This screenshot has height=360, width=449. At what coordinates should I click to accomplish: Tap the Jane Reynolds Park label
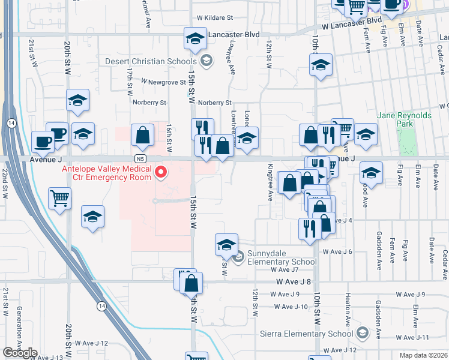coord(396,119)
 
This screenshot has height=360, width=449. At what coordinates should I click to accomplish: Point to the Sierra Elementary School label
coord(306,334)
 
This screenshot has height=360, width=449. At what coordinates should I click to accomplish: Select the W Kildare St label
coord(214,19)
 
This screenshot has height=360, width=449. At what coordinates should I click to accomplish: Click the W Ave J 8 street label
coord(294,281)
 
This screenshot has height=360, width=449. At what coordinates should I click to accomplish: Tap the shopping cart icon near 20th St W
coord(59,197)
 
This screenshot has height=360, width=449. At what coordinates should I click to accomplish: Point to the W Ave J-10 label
coord(291,307)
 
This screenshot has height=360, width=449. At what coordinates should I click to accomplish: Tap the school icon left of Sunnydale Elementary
coord(226,244)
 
